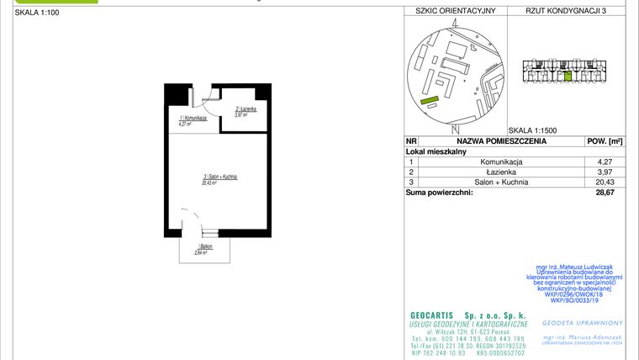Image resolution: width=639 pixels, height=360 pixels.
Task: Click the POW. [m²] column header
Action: pos(604,141)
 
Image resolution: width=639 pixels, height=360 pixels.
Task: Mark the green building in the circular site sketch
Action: pos(430,100)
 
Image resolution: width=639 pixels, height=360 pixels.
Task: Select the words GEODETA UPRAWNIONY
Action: pos(582,322)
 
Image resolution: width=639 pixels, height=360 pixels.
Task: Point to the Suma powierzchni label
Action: pos(439,193)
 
